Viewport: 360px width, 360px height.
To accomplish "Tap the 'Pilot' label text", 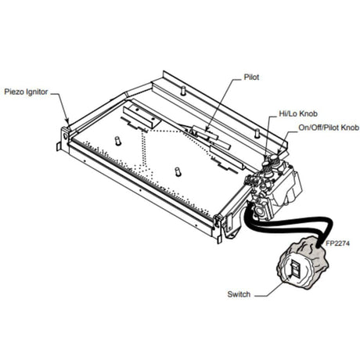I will coord(251,78).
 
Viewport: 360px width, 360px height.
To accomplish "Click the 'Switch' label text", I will coord(238,294).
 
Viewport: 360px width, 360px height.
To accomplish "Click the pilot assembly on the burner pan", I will coord(206,134).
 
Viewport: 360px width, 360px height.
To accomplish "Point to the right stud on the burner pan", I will coord(177,171).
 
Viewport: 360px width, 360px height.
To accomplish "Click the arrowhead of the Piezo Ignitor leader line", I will coord(67,124).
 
